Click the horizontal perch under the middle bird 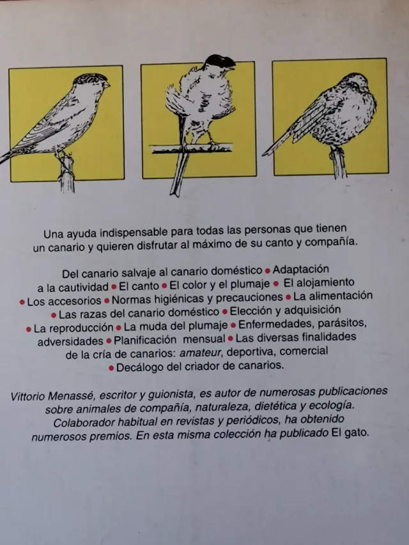click(192, 148)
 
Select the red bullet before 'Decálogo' click(112, 367)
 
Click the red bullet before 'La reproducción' click(28, 328)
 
